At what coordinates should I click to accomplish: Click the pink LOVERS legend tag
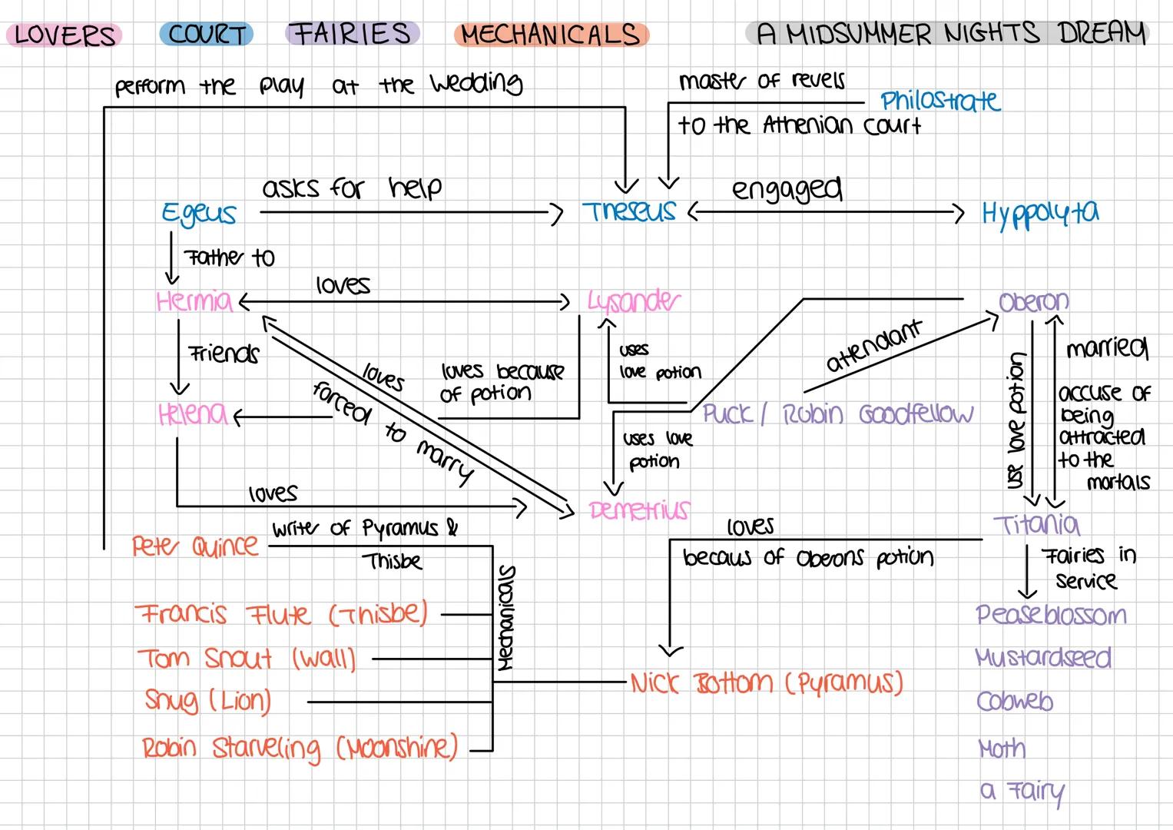[x=65, y=35]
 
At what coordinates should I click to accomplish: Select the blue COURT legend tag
[x=207, y=35]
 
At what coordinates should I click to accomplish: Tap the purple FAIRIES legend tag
[x=353, y=34]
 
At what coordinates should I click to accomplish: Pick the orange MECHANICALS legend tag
[x=551, y=35]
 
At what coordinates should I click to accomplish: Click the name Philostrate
[x=939, y=101]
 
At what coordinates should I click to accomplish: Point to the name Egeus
[x=198, y=214]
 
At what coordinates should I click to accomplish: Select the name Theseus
[x=629, y=211]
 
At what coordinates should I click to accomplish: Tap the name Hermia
[x=194, y=300]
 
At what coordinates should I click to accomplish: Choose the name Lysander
[x=633, y=301]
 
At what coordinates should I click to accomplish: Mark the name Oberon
[x=1033, y=301]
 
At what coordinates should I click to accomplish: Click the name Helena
[x=192, y=414]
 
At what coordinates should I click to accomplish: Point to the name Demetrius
[x=639, y=510]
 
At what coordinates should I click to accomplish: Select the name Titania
[x=1036, y=524]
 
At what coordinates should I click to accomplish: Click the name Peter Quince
[x=195, y=546]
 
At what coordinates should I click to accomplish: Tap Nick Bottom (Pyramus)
[x=766, y=682]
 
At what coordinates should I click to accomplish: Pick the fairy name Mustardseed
[x=1043, y=658]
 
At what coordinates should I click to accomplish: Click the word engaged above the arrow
[x=786, y=188]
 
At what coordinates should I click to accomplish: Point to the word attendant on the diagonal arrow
[x=873, y=347]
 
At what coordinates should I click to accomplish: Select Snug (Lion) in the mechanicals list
[x=207, y=701]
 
